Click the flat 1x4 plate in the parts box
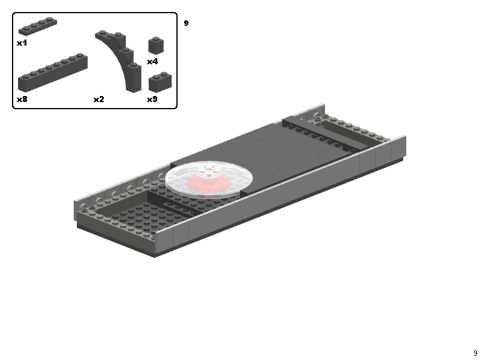pos(37,27)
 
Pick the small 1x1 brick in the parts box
pos(156,46)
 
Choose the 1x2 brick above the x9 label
pos(160,82)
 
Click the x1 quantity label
pos(22,43)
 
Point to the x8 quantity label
pos(22,99)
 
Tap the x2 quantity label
pos(98,99)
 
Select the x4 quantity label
pos(152,61)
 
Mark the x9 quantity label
pos(152,99)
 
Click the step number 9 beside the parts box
pos(186,23)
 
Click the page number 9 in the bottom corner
pos(475,353)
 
